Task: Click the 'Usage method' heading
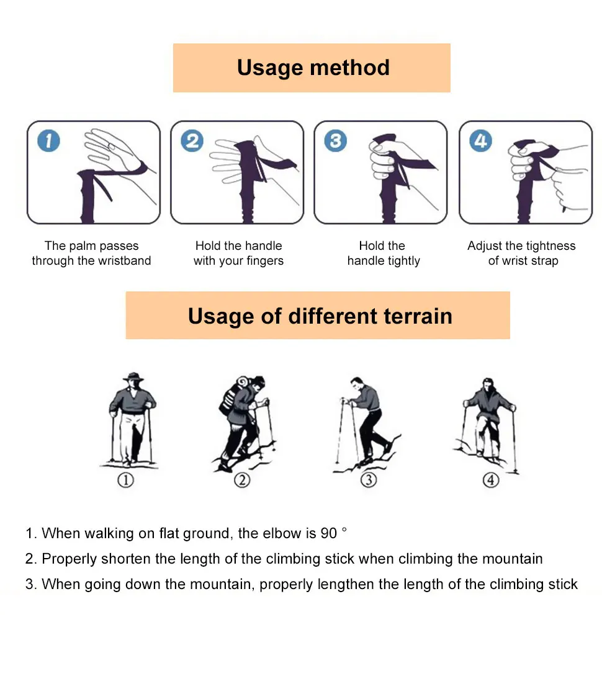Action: point(313,68)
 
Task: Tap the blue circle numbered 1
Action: point(48,141)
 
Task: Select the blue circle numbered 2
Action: point(192,141)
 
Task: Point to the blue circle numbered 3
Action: point(335,141)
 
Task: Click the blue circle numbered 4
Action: point(480,141)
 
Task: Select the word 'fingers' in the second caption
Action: point(263,261)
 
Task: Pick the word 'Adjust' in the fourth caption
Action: point(484,246)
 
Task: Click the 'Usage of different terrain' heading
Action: point(320,316)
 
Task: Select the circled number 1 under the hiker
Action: point(126,480)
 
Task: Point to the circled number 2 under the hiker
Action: point(241,480)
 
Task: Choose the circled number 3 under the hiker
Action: point(369,480)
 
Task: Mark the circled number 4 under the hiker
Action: point(491,480)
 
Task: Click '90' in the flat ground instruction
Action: point(328,533)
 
